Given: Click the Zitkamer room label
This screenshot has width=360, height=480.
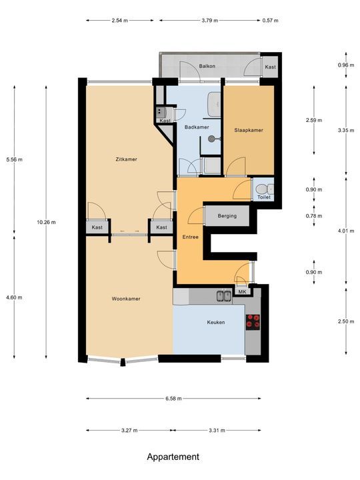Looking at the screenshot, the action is (x=126, y=159).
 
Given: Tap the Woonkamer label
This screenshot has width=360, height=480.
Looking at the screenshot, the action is (x=126, y=299).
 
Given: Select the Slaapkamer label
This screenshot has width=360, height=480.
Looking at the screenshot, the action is (x=249, y=130).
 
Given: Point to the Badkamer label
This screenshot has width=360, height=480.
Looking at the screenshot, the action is (x=197, y=127).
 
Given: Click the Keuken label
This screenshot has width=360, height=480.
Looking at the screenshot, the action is (x=216, y=323).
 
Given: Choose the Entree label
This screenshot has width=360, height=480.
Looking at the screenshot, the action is (x=191, y=237).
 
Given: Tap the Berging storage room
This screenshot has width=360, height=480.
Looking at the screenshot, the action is (x=227, y=216).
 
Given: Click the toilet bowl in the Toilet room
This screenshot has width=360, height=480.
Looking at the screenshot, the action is (x=262, y=189).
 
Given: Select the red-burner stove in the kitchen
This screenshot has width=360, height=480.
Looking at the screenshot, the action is (x=253, y=322).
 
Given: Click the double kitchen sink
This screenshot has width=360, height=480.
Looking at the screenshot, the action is (x=224, y=296).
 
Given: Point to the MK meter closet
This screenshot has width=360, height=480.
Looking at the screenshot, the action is (x=243, y=292).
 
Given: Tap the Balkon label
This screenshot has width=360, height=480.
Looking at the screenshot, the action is (x=207, y=66).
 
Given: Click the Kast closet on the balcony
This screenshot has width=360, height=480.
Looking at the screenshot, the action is (x=270, y=67).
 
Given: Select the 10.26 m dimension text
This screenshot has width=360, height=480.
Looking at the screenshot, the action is (x=46, y=222).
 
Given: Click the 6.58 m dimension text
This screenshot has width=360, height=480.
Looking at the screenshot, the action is (x=173, y=399).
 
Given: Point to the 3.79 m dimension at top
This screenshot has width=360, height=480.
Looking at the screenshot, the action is (x=210, y=21).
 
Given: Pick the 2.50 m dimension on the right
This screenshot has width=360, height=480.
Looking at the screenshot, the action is (x=346, y=321).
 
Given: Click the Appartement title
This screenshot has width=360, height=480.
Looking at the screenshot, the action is (x=173, y=457).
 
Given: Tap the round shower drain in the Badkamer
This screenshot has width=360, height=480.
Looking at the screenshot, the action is (x=211, y=139).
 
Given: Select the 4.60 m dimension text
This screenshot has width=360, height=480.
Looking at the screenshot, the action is (x=14, y=297).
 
